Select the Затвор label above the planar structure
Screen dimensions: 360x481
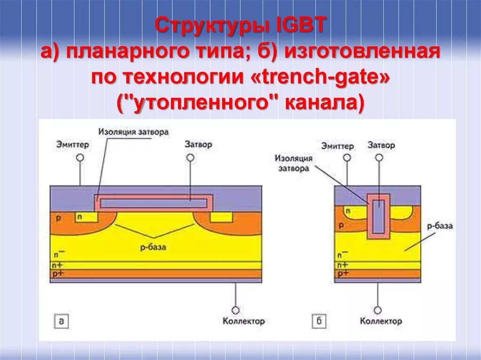click(198, 144)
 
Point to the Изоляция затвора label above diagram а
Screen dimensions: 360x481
click(133, 132)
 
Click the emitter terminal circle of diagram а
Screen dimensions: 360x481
click(79, 158)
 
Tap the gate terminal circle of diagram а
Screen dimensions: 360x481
click(190, 158)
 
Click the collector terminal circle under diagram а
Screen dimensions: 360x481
click(235, 310)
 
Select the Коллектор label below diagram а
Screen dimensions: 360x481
click(243, 322)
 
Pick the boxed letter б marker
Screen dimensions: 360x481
click(318, 322)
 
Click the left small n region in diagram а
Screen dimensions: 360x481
click(86, 217)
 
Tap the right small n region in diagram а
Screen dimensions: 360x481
click(221, 217)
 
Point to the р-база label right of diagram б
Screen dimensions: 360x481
click(441, 226)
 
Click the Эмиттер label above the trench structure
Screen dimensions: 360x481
click(338, 146)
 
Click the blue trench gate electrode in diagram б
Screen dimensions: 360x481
click(378, 216)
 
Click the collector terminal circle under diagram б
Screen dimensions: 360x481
click(378, 310)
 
